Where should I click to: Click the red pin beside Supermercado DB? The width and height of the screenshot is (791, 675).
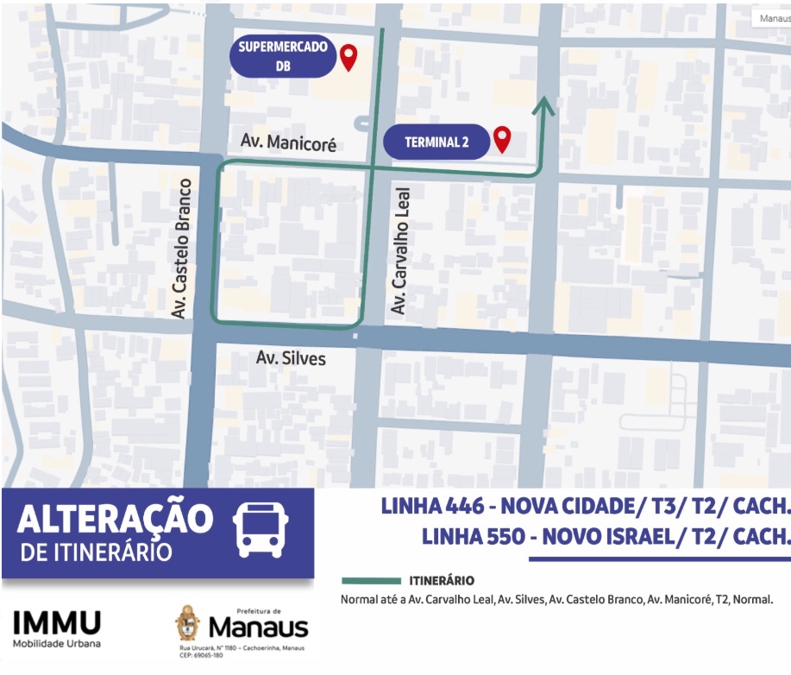click(348, 57)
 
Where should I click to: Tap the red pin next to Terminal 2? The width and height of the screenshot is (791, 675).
click(501, 138)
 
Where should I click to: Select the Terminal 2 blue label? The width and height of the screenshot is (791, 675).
click(436, 142)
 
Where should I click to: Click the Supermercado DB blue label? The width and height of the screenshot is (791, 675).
click(283, 56)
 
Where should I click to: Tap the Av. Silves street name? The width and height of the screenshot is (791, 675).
click(291, 356)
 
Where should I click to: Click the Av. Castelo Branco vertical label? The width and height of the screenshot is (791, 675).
click(181, 249)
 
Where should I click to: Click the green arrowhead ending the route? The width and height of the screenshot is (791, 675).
click(543, 105)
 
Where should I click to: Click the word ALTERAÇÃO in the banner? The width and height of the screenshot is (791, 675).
click(115, 520)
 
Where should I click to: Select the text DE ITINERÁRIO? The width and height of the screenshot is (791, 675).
click(96, 552)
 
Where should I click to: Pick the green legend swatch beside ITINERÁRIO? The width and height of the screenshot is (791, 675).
click(371, 581)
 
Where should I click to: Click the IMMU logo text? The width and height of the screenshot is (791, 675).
click(57, 623)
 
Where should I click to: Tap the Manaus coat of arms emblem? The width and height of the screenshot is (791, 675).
click(188, 622)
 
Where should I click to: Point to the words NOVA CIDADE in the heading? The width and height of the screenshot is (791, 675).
click(568, 506)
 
